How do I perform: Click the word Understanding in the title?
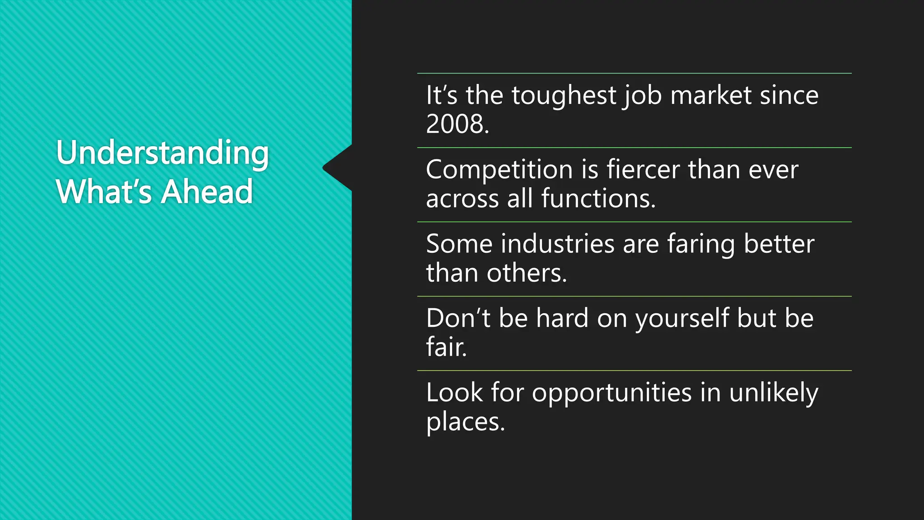[162, 153]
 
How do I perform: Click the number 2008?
[457, 124]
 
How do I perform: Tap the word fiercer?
[643, 170]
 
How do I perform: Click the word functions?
[598, 199]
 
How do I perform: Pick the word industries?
[558, 244]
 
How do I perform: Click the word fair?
[446, 347]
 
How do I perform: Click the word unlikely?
[773, 393]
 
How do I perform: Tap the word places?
[465, 422]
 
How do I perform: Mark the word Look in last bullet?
[454, 392]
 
